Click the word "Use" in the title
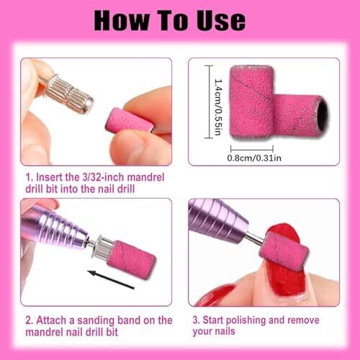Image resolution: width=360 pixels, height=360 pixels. tap(221, 20)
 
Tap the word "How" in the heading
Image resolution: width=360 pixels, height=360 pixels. tap(121, 20)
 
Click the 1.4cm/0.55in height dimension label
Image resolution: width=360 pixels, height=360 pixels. tap(218, 107)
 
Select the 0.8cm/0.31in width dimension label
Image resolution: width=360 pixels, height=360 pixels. tap(254, 158)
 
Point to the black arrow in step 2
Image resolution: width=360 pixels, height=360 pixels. tap(111, 279)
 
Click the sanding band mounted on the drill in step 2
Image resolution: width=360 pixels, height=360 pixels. tap(132, 259)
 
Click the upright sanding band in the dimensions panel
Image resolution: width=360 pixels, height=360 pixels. tap(251, 102)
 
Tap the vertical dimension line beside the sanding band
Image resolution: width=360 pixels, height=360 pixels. tap(209, 102)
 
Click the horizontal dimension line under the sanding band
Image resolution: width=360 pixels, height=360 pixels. tap(252, 149)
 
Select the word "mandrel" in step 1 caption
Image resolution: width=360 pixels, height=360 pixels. tap(145, 178)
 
